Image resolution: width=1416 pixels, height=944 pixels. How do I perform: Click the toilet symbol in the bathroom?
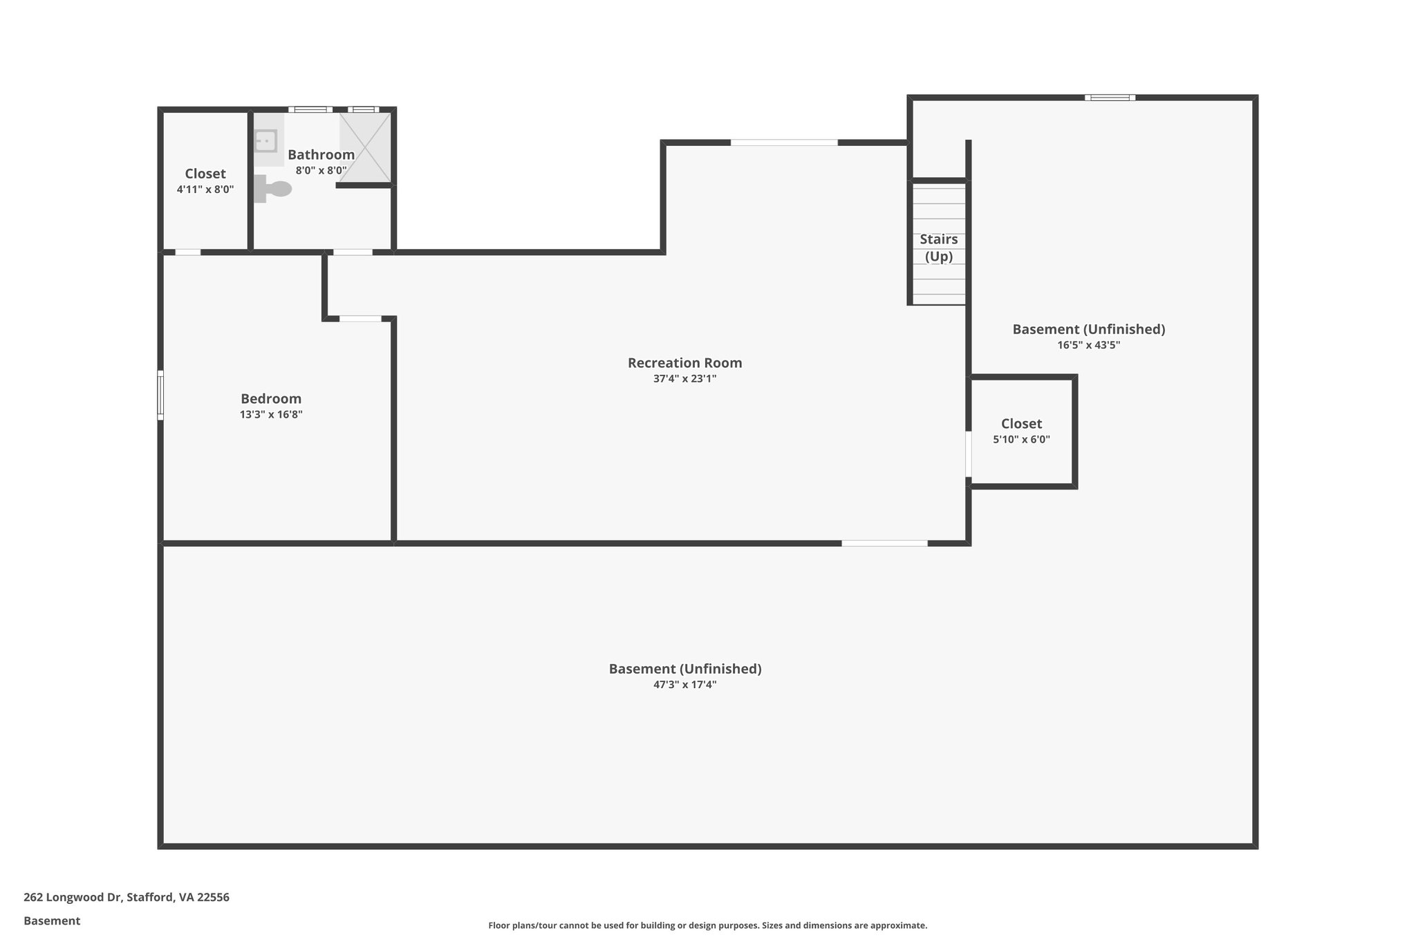[x=274, y=189]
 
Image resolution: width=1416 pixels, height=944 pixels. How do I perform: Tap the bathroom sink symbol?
[x=265, y=141]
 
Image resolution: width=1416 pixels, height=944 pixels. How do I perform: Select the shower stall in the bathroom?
[x=365, y=147]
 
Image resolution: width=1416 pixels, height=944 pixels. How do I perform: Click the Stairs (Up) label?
[x=938, y=248]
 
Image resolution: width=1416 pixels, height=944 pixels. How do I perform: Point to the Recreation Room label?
[x=684, y=363]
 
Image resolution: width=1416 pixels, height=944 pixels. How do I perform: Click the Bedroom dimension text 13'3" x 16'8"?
[x=271, y=415]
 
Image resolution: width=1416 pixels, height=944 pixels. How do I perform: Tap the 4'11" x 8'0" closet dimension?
[x=205, y=189]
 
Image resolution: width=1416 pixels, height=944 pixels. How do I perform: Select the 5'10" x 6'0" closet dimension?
[x=1021, y=440]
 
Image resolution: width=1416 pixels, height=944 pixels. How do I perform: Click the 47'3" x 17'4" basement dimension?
[x=684, y=685]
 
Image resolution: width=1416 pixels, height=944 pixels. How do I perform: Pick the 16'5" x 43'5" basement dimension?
[x=1088, y=345]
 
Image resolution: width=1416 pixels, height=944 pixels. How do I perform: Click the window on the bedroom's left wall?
[x=160, y=395]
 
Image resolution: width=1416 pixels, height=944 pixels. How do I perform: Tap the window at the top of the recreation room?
[x=784, y=142]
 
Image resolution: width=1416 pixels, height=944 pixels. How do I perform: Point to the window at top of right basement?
[x=1110, y=98]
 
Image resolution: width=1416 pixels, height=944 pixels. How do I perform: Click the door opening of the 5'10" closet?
[x=969, y=454]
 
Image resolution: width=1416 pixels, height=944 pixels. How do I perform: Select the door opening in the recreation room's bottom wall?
[x=884, y=544]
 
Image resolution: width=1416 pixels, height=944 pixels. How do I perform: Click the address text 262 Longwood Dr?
[x=127, y=898]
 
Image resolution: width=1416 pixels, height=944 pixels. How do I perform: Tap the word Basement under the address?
[x=52, y=921]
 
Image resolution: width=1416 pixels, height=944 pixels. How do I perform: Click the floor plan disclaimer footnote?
[x=707, y=925]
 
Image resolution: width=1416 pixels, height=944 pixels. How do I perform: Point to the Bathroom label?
[x=321, y=155]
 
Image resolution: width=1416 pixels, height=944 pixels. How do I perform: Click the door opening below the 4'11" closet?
[x=187, y=252]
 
